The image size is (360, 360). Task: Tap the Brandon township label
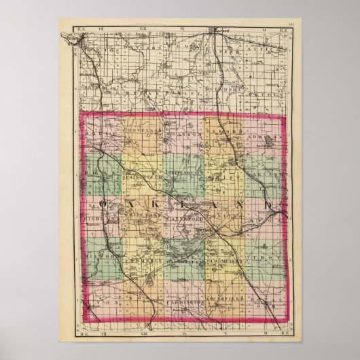[183, 135]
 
